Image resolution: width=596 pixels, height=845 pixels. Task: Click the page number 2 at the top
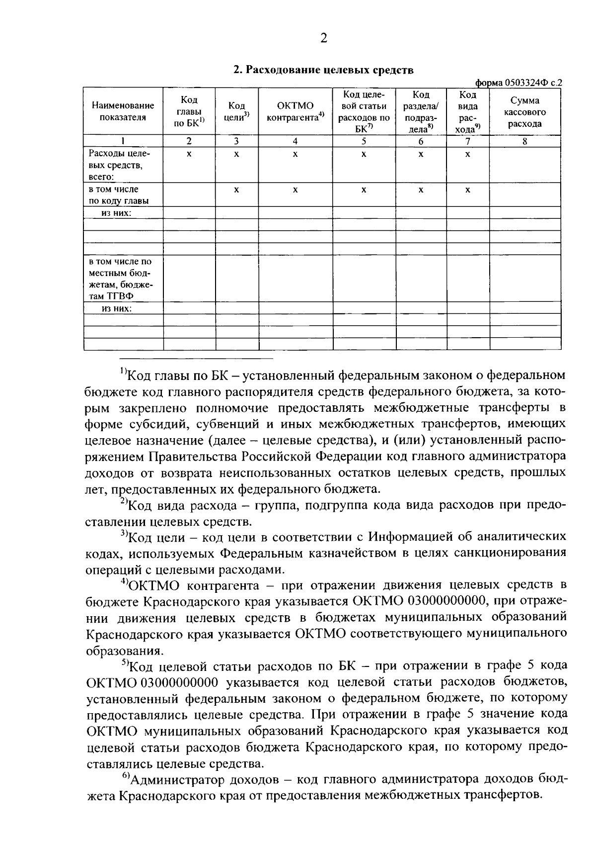(x=324, y=38)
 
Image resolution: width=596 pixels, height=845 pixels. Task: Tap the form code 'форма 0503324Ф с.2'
(x=519, y=83)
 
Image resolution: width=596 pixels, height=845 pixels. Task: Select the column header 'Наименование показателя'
(x=123, y=111)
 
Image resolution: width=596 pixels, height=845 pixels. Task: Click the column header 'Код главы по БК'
(x=189, y=111)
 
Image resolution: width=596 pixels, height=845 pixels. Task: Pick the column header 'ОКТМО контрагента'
(x=295, y=111)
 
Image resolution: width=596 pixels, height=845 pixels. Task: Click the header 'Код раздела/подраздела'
(x=420, y=111)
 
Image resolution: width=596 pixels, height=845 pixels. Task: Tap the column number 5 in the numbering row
(x=364, y=141)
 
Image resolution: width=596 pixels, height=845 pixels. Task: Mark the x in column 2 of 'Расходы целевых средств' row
(x=189, y=155)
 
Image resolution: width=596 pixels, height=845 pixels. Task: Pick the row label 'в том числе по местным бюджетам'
(x=121, y=279)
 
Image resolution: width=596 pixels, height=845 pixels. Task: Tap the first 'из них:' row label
(x=116, y=213)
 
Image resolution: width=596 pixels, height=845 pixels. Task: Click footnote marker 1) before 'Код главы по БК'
(x=124, y=371)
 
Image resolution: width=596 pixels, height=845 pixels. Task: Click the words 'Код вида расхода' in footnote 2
(x=182, y=506)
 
